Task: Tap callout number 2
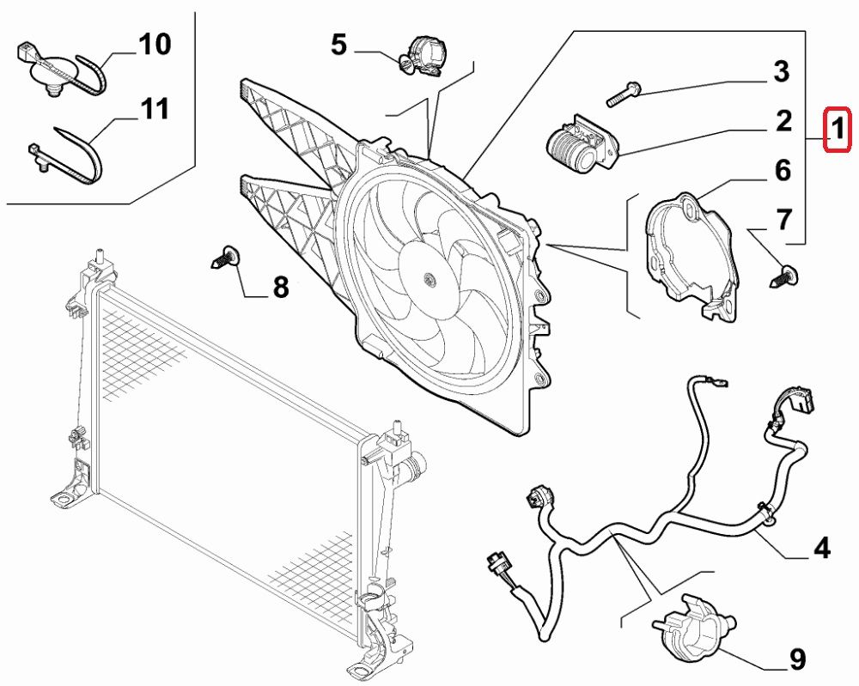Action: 783,121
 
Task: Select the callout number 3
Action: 781,71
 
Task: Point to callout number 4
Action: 822,547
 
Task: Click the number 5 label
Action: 339,44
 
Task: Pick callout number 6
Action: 783,170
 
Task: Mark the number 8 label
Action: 281,288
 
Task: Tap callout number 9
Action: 797,659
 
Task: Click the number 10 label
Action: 155,44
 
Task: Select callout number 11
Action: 155,109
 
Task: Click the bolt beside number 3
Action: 625,94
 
